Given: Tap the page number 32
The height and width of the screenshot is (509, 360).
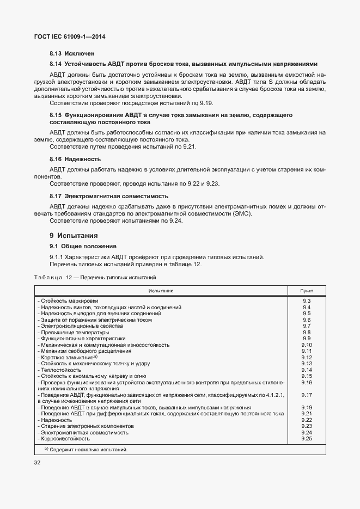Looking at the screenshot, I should coord(38,462).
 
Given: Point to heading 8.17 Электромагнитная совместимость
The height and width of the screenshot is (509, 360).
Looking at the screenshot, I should coord(109,195).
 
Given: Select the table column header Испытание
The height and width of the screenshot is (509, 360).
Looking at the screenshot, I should coord(160,291).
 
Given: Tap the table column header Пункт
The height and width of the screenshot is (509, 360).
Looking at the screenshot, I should coord(306,291).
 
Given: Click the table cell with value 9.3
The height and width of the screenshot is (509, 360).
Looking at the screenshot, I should coord(306,301).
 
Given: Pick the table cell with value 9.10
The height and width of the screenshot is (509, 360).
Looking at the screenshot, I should coord(306,345).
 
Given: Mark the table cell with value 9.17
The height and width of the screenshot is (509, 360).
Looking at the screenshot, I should coord(306,395).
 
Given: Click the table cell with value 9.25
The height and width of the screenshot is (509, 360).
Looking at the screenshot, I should coord(306,438).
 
